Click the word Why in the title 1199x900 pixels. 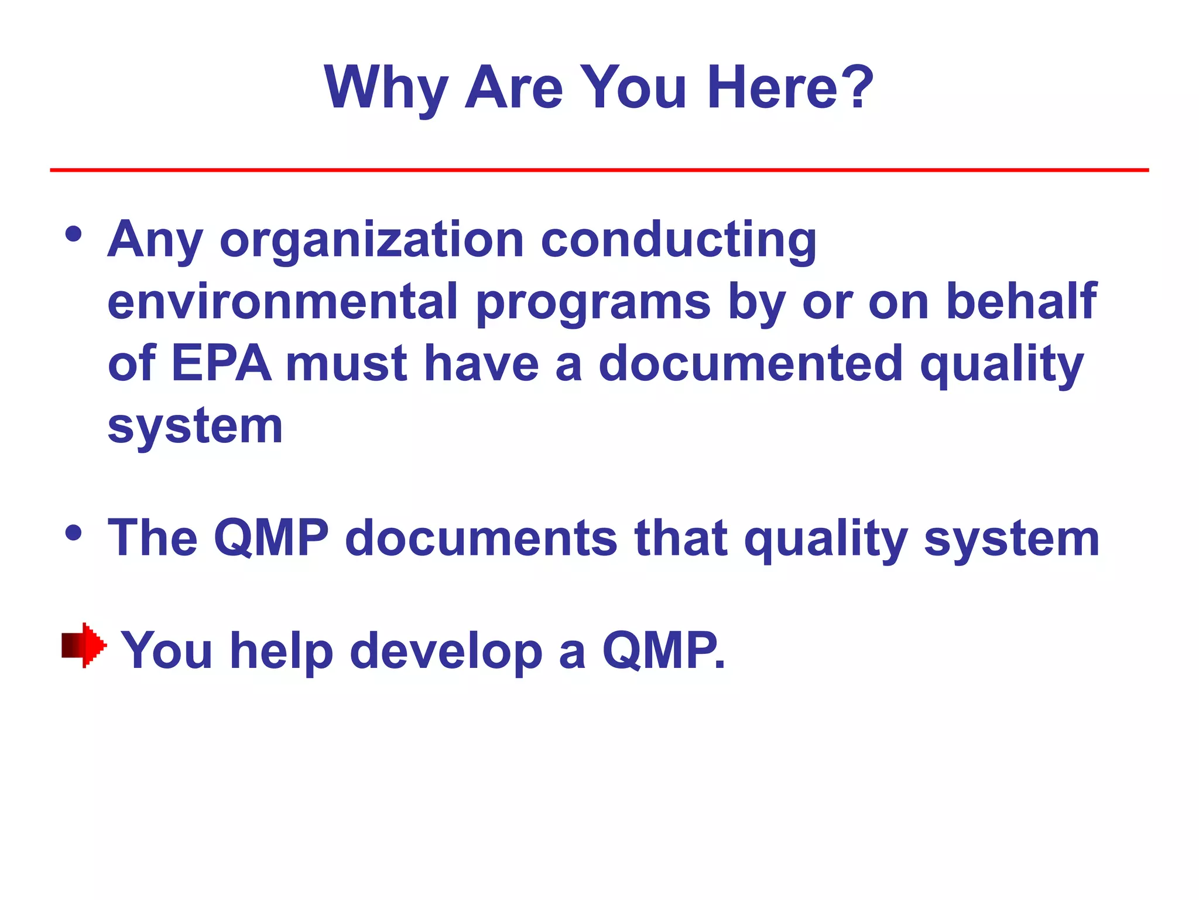386,88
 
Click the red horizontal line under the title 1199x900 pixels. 599,170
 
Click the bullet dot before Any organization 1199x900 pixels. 74,235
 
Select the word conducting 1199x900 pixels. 679,240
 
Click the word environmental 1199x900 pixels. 282,301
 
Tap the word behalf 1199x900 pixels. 1021,301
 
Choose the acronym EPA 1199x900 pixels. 221,363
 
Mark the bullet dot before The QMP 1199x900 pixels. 74,533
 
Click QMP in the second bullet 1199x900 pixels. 271,538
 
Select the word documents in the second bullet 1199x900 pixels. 481,538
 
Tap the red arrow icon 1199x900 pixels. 84,645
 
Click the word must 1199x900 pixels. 346,363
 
